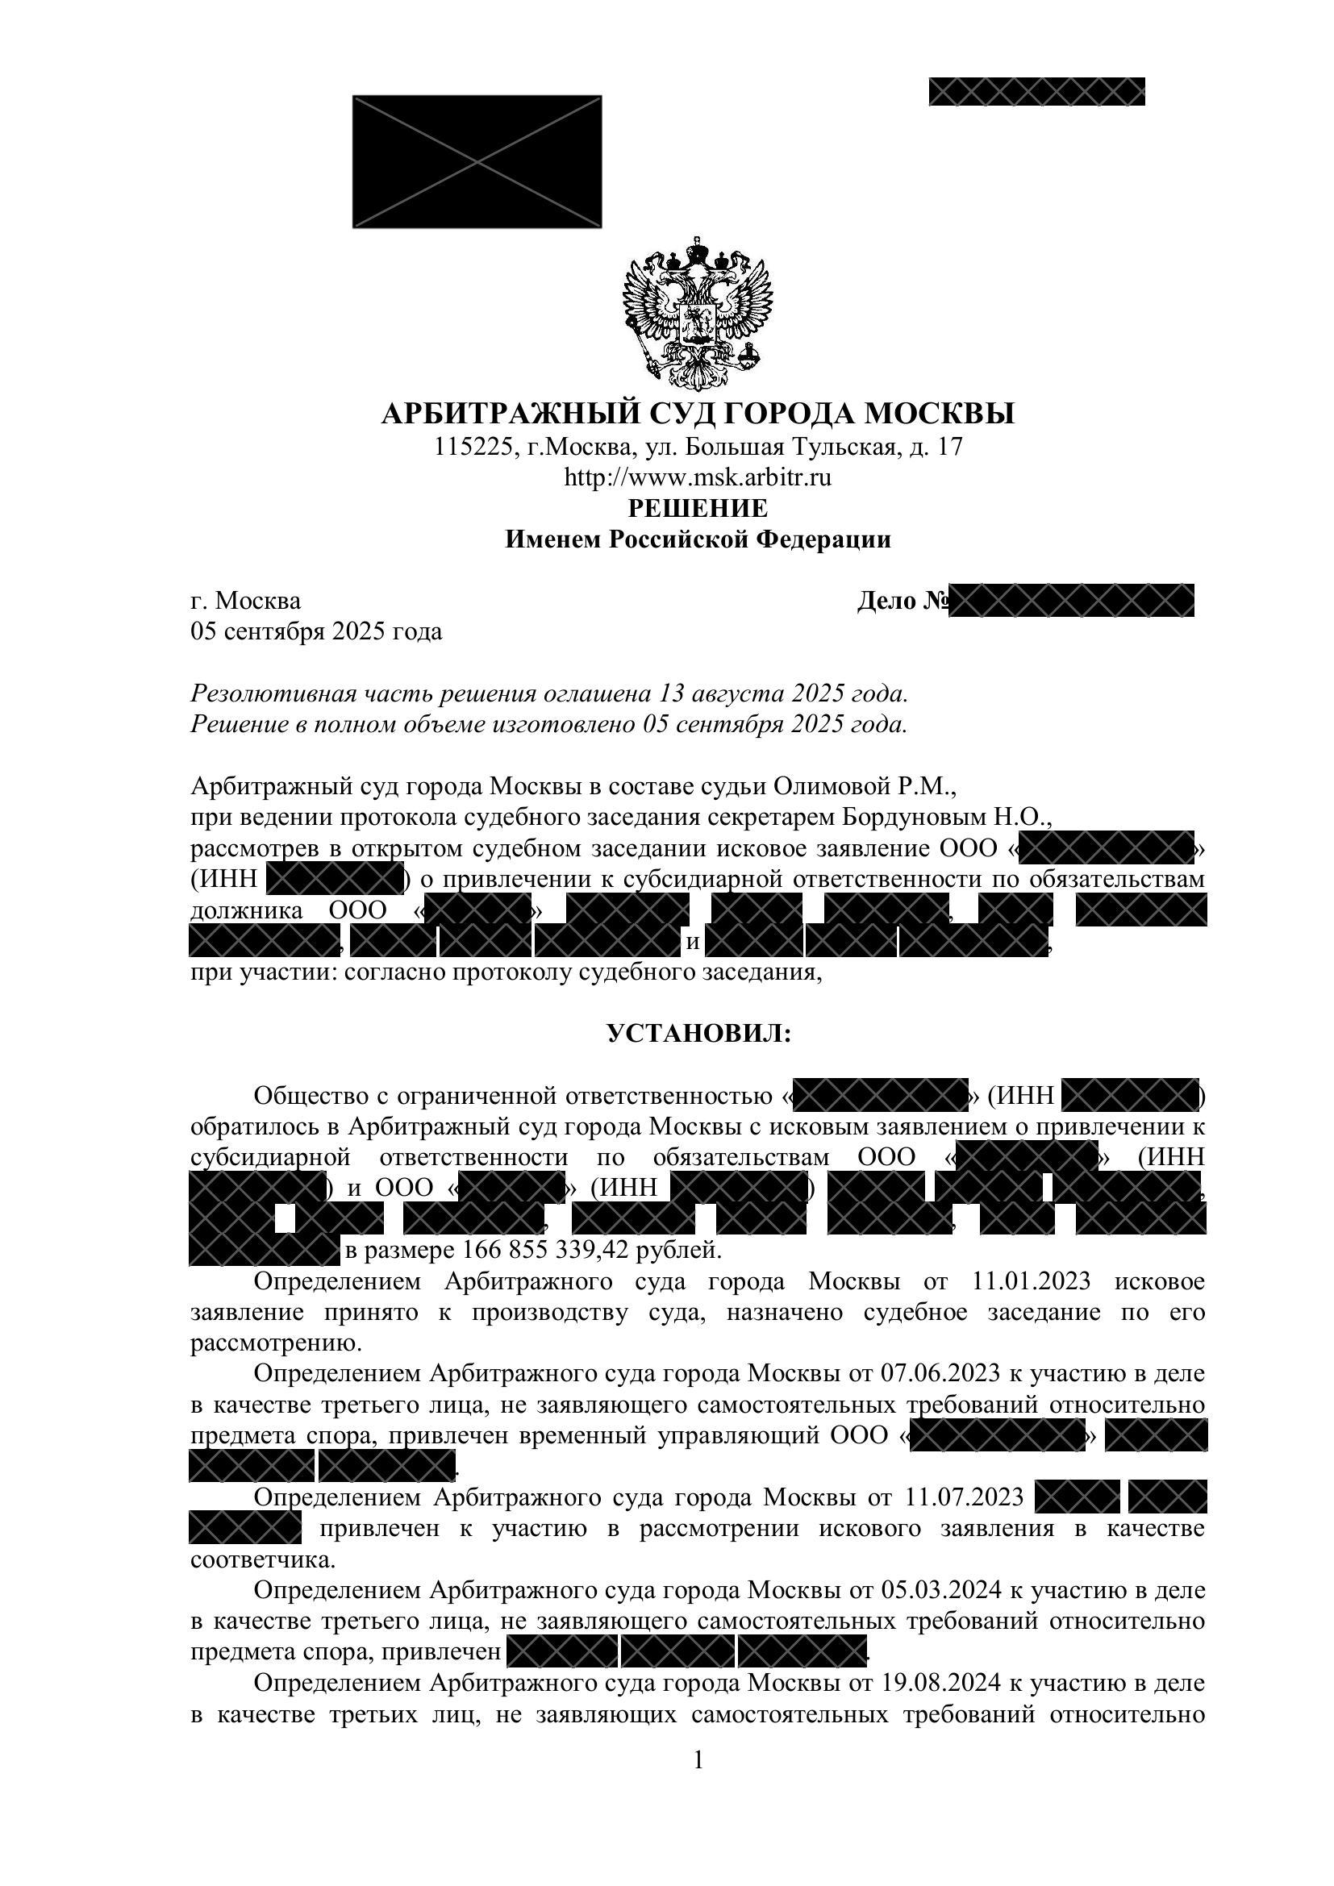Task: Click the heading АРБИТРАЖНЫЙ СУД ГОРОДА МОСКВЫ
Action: pyautogui.click(x=698, y=412)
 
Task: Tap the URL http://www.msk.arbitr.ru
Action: pyautogui.click(x=698, y=477)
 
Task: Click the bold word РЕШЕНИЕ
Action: pyautogui.click(x=698, y=509)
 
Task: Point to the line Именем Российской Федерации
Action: pyautogui.click(x=698, y=539)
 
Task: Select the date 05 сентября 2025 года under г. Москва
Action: pyautogui.click(x=316, y=631)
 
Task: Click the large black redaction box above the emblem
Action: pyautogui.click(x=477, y=162)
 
